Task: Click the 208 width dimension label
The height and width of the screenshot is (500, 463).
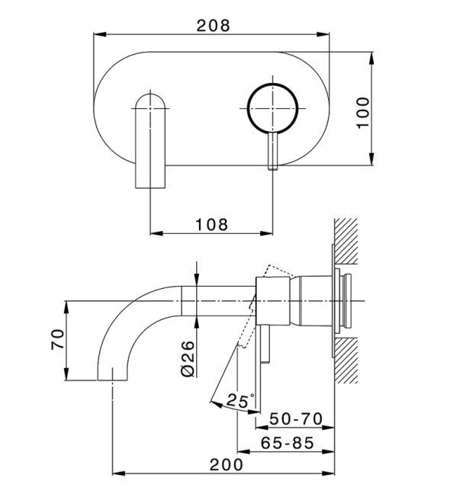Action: click(213, 25)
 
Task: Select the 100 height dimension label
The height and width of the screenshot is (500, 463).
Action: click(363, 113)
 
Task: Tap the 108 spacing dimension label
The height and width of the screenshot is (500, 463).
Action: click(211, 225)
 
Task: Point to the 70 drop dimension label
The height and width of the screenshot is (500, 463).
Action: click(58, 339)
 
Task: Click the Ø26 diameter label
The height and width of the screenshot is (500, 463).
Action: click(188, 359)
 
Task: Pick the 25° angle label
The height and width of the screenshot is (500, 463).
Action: click(240, 400)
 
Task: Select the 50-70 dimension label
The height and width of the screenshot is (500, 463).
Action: click(296, 418)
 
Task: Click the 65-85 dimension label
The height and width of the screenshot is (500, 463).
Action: click(287, 443)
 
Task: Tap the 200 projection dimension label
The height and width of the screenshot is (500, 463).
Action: click(227, 465)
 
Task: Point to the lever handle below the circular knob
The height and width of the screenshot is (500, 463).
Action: click(273, 151)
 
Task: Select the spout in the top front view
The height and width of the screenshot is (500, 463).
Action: click(150, 140)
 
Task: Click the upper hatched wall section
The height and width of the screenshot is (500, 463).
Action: click(346, 241)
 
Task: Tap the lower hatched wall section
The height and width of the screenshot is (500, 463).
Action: click(346, 361)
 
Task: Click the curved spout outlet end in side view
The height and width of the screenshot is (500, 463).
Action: click(112, 377)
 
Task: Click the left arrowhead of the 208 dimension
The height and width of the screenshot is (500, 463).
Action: click(100, 34)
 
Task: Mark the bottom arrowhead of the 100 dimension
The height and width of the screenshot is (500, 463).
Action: click(371, 159)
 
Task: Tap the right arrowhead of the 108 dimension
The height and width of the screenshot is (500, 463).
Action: click(266, 233)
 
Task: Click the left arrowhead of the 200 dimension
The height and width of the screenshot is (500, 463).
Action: click(119, 473)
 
